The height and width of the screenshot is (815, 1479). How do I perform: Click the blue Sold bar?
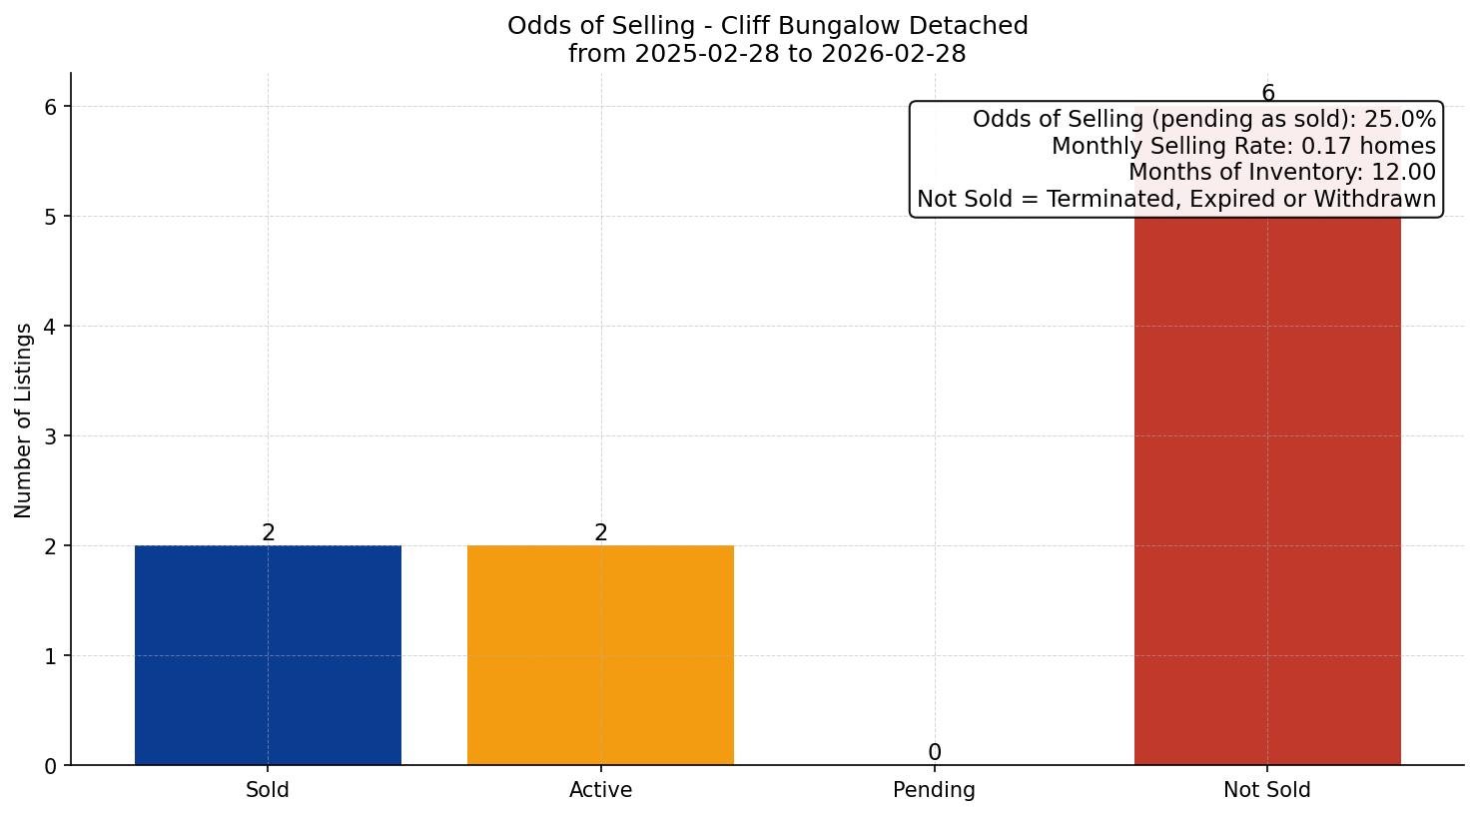click(x=268, y=655)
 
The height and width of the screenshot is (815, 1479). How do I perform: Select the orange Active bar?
click(x=600, y=655)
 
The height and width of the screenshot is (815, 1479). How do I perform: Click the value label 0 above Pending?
click(x=934, y=753)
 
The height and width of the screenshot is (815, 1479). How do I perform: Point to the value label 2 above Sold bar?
click(x=268, y=533)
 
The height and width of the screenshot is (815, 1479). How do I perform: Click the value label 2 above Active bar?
click(x=600, y=533)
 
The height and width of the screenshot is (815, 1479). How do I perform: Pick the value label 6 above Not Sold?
click(x=1267, y=94)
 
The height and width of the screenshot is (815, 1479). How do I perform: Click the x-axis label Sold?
click(x=268, y=790)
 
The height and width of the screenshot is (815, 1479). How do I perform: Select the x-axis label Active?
click(x=600, y=790)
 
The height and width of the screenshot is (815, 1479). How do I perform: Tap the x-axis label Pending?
click(x=934, y=790)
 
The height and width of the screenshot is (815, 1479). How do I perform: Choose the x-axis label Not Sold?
click(x=1267, y=790)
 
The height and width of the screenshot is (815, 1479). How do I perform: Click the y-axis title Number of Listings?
click(x=24, y=419)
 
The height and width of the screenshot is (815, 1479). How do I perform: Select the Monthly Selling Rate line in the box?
click(x=1243, y=147)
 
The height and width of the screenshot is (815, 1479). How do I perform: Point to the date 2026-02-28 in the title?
click(x=894, y=54)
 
